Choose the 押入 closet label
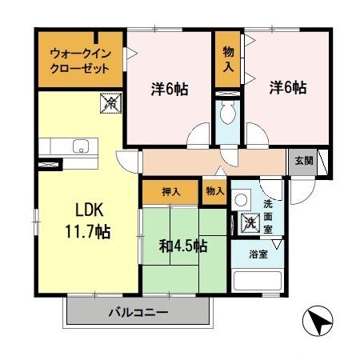click(x=171, y=191)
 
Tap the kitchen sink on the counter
click(x=79, y=146)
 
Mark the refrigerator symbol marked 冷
click(x=109, y=102)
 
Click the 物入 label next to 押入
click(x=214, y=191)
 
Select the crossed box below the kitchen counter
click(x=50, y=164)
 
